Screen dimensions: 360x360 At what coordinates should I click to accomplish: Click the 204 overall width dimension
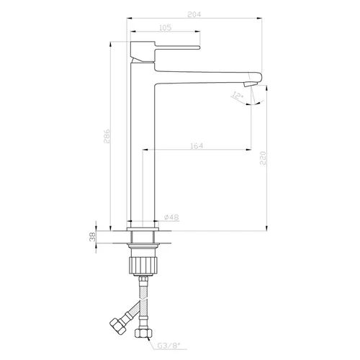[x=194, y=14]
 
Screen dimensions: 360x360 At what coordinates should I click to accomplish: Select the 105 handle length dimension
[x=166, y=27]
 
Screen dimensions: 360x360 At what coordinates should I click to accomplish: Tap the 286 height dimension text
[x=107, y=136]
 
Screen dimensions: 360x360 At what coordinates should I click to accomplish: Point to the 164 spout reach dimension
[x=197, y=145]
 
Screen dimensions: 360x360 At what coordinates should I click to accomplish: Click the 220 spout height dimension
[x=263, y=158]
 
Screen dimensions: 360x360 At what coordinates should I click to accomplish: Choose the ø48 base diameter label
[x=171, y=217]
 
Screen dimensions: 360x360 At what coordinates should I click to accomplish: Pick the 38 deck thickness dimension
[x=92, y=237]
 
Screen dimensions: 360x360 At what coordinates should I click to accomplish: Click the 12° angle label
[x=237, y=96]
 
